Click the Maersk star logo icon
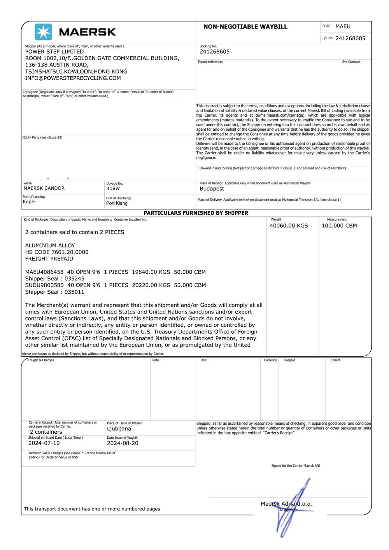coord(43,32)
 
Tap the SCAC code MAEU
coord(343,26)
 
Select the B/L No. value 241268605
coord(350,38)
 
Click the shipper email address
coord(73,78)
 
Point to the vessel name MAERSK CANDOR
coord(44,188)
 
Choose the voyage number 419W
coord(113,188)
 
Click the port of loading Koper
coord(30,201)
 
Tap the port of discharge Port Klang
coord(117,203)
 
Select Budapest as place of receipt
coord(212,189)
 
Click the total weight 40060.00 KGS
coord(289,226)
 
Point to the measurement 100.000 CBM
coord(339,226)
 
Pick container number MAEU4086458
coord(44,272)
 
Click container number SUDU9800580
coord(44,285)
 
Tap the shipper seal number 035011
coord(74,292)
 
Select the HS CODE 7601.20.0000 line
coord(57,252)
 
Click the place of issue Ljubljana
coord(119,429)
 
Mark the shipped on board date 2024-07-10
coord(44,443)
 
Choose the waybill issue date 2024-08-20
coord(123,443)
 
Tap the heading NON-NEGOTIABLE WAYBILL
coord(245,27)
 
